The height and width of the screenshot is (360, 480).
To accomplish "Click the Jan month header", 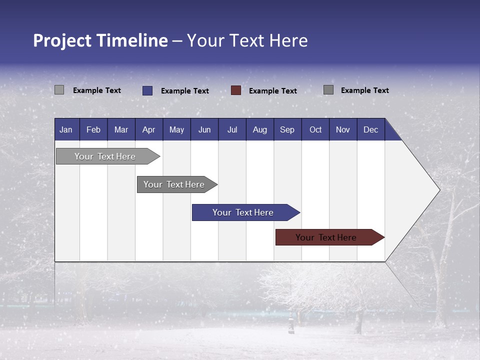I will coord(66,129).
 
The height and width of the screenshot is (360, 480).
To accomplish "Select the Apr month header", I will coord(148,129).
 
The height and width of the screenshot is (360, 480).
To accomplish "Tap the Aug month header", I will coord(259,129).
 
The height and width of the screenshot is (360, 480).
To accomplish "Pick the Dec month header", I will coord(370,129).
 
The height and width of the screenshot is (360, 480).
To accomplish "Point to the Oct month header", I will coord(315,129).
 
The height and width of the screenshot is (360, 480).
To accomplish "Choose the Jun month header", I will coord(204,129).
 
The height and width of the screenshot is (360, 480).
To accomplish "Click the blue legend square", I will coord(147,90).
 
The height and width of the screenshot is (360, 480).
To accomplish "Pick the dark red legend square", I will coord(236,90).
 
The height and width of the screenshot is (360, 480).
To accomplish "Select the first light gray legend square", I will coord(59,90).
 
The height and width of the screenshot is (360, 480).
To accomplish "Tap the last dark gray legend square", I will coord(328,90).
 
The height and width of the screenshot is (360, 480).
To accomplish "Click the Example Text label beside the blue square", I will coord(184,90).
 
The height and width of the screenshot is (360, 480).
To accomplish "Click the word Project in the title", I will coord(62,40).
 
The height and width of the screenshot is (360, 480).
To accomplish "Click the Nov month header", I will coord(342,129).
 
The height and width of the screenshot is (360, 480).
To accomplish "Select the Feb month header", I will coord(93,129).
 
